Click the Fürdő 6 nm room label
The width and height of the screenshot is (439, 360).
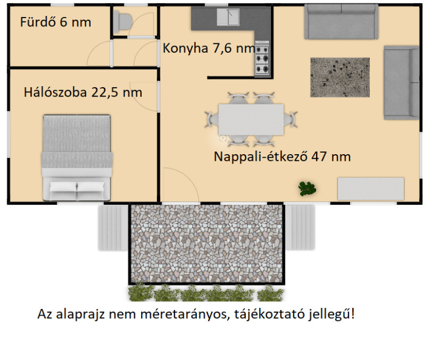pos(55,22)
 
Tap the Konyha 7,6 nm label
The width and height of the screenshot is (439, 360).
pos(209,48)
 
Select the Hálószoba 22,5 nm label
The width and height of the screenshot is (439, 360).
pos(83,92)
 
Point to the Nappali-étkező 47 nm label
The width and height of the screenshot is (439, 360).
pos(282,156)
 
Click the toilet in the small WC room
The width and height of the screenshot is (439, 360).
pos(122,21)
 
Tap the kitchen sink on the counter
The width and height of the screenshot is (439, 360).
pos(228,17)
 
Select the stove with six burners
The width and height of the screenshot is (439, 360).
pos(262,58)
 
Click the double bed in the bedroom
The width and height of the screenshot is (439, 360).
pos(77,157)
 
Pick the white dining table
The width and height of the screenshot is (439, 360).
pos(251,120)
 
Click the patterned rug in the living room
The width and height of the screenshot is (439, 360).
pos(340,77)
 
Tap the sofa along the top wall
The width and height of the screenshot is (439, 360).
pos(341,22)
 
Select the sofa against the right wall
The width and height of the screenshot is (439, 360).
pos(402,82)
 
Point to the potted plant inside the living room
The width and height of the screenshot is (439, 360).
pos(307,188)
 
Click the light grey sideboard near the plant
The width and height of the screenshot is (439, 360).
pos(371,188)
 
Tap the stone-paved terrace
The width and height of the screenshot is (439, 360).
pos(207,244)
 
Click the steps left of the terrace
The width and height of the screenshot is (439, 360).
pos(113,228)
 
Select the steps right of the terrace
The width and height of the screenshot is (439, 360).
pos(300,227)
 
